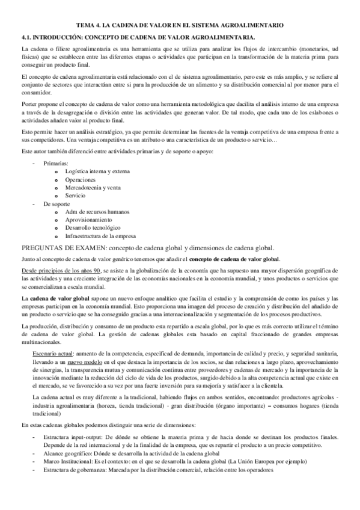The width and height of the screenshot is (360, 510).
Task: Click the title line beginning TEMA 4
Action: pyautogui.click(x=180, y=25)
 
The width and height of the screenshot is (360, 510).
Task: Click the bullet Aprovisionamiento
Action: pyautogui.click(x=85, y=220)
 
